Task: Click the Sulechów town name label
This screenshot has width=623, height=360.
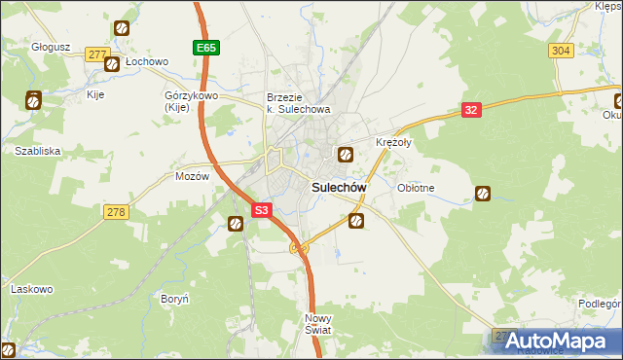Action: (x=338, y=187)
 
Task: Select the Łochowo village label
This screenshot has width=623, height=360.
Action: (x=147, y=61)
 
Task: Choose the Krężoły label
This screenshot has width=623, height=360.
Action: (x=394, y=142)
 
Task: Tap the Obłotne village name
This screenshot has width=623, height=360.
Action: (x=416, y=187)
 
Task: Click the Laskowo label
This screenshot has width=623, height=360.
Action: (x=30, y=289)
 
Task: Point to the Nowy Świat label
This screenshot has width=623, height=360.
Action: (x=318, y=324)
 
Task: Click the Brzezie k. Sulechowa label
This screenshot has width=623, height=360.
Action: (x=299, y=103)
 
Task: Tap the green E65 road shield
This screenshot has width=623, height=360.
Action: (x=204, y=47)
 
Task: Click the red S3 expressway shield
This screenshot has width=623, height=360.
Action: (x=261, y=209)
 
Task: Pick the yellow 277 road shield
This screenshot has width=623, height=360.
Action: (x=95, y=54)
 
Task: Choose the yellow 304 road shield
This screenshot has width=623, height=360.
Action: (x=560, y=51)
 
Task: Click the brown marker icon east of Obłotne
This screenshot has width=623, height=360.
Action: (x=482, y=194)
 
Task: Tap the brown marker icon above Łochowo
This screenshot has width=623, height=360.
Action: (x=122, y=30)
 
